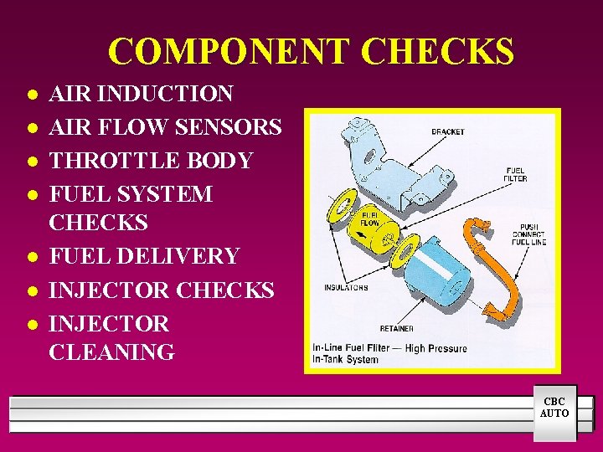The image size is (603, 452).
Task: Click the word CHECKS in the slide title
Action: (x=438, y=52)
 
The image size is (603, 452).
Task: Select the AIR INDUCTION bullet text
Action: (x=141, y=94)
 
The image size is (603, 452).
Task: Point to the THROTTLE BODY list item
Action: (x=151, y=161)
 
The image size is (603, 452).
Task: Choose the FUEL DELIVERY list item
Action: (x=144, y=256)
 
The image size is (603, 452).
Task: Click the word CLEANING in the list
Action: (x=111, y=352)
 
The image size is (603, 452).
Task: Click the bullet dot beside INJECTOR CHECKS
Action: (x=32, y=290)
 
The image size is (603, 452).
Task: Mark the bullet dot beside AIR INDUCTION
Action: (x=32, y=95)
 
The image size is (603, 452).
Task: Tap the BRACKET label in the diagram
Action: (x=447, y=131)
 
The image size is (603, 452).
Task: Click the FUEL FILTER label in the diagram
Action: (x=516, y=173)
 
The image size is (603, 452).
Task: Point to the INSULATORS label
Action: (x=346, y=288)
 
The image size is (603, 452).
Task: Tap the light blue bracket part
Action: (x=394, y=167)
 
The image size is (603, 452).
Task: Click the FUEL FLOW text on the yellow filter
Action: (x=369, y=220)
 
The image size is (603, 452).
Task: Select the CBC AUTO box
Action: (x=554, y=408)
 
